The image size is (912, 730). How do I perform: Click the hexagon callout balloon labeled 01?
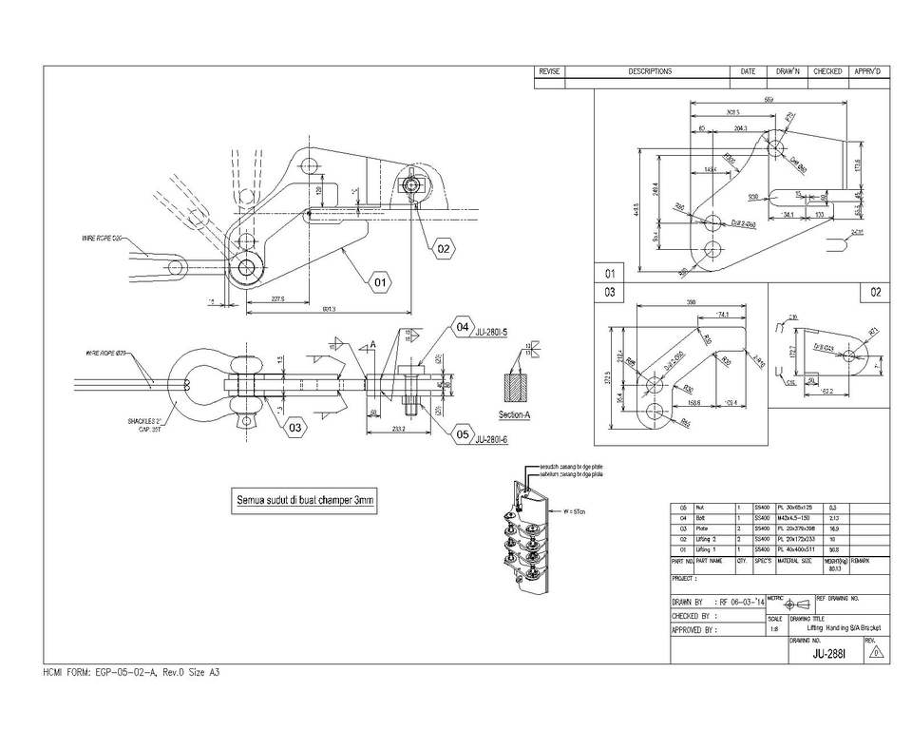pos(379,282)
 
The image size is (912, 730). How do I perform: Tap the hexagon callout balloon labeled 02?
pos(444,250)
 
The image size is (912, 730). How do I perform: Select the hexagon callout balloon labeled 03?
pos(294,428)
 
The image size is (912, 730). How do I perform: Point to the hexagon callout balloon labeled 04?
pos(463,327)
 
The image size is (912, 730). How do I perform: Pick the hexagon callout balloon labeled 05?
pos(463,434)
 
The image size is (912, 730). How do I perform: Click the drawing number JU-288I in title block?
pos(828,654)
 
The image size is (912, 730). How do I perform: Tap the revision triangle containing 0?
pos(876,653)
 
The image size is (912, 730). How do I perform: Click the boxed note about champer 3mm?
pos(305,501)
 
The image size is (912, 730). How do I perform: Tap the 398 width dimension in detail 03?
pos(691,302)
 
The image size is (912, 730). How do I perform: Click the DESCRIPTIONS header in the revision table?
pos(649,71)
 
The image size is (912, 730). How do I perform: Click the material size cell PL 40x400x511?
pos(796,549)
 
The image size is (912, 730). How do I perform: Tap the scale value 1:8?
pos(774,628)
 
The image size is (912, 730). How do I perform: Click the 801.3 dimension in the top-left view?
pos(330,309)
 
